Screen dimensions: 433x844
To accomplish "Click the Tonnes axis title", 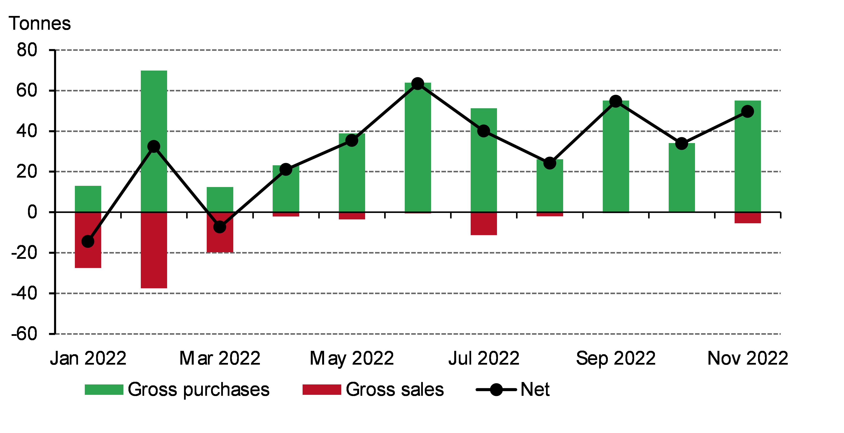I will coord(40,24).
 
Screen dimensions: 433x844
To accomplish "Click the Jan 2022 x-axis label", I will coord(88,358).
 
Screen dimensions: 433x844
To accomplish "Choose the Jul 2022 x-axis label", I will coord(484,358).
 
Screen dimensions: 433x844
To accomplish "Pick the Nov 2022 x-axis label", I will coord(747,358).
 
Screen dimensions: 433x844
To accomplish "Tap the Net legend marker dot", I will coord(496,390).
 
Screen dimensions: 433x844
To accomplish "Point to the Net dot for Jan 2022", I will coord(88,242).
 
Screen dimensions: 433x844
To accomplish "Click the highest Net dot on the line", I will coord(418,84).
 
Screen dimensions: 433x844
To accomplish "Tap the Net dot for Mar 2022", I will coord(220,227).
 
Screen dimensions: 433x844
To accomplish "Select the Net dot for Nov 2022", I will coord(747,111).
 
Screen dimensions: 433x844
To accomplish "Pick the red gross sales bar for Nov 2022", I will coord(747,218).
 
